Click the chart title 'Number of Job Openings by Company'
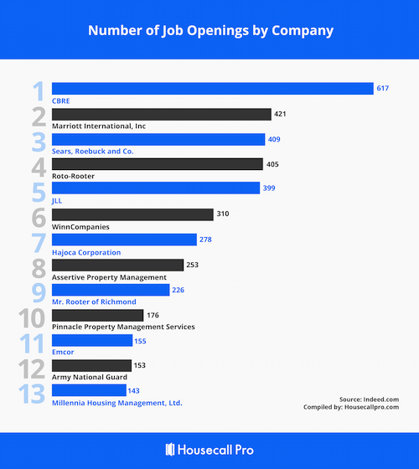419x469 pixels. (210, 30)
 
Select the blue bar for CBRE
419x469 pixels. (212, 89)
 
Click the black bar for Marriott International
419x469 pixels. (161, 114)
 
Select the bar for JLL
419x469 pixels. (156, 188)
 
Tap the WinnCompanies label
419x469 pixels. (81, 227)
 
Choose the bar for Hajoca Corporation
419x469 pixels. (125, 240)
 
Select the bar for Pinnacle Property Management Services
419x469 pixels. (97, 315)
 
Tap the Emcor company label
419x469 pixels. (63, 353)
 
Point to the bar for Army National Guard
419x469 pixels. (91, 365)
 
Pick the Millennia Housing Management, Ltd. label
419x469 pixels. (117, 403)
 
